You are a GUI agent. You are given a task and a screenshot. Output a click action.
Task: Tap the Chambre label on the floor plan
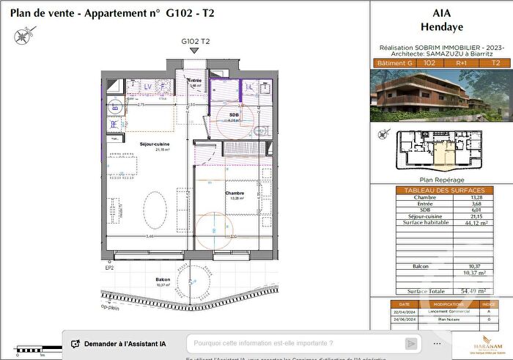click(235, 193)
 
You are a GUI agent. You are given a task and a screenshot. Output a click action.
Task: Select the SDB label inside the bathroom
click(235, 114)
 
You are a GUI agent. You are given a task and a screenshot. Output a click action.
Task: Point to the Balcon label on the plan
click(163, 279)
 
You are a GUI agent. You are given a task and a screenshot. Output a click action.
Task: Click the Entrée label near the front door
click(196, 81)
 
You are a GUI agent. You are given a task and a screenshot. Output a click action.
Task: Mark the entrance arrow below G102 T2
click(193, 52)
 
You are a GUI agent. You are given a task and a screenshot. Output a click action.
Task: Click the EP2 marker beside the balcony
click(108, 268)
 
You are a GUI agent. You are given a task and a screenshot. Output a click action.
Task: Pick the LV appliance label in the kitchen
click(147, 87)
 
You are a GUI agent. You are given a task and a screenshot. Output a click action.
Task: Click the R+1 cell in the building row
click(466, 64)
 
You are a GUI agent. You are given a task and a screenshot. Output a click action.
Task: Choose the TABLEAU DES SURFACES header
click(440, 190)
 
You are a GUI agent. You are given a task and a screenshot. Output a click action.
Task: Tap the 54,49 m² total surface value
click(473, 291)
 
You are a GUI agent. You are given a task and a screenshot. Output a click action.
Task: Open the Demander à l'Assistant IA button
click(123, 343)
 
